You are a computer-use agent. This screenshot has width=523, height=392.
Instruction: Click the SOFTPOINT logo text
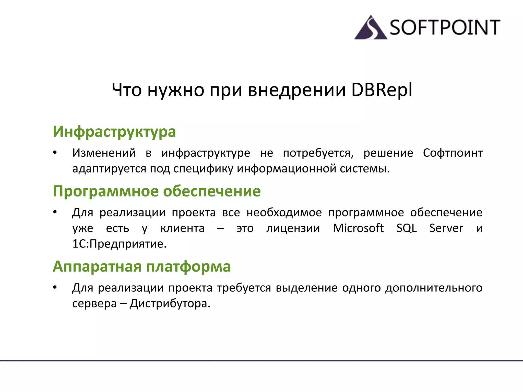[445, 27]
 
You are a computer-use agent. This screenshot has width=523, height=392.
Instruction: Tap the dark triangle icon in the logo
[371, 29]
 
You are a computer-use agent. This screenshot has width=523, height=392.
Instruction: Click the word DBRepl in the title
[382, 90]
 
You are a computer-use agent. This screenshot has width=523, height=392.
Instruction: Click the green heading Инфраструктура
[114, 132]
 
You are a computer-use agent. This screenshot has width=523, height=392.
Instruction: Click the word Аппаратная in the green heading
[97, 266]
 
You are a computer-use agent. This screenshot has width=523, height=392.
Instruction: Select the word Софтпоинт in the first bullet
[453, 153]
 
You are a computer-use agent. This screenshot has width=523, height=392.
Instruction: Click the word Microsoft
[358, 228]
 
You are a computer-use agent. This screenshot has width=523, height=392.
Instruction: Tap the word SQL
[406, 228]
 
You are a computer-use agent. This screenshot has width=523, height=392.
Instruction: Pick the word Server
[446, 228]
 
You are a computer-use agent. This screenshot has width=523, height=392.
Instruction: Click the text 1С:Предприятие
[119, 244]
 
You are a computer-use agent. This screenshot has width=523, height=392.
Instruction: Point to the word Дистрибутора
[170, 304]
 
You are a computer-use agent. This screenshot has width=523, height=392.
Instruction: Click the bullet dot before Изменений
[55, 153]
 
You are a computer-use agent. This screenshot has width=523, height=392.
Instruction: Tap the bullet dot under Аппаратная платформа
[55, 288]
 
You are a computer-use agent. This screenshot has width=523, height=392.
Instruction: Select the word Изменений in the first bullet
[104, 153]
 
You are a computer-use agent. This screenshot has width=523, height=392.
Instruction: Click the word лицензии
[293, 228]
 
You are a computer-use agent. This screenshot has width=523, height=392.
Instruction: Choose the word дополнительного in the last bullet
[434, 288]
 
